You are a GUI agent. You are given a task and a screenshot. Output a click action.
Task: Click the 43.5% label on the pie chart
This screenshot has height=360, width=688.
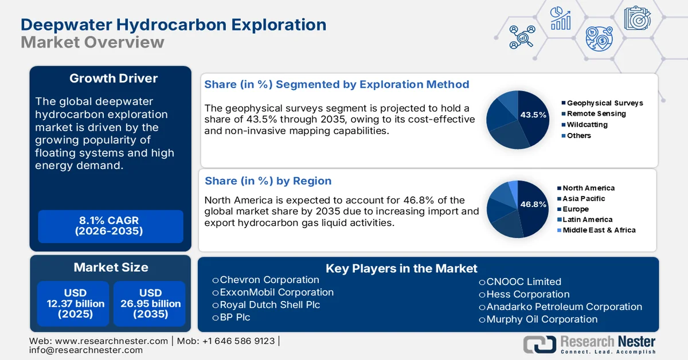point(533,115)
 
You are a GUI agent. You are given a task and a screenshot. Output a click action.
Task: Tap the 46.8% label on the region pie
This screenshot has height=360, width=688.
point(533,204)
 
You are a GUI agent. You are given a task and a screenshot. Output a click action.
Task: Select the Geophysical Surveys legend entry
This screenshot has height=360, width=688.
point(604,103)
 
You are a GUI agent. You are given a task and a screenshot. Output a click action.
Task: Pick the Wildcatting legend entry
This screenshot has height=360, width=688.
point(587,124)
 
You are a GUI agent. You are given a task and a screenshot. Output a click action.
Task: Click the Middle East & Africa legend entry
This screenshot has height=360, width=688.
point(599,230)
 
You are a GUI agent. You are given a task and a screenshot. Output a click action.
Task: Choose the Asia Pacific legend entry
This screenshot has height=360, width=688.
point(583,198)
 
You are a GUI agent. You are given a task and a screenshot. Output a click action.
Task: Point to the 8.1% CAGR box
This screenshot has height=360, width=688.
point(110,226)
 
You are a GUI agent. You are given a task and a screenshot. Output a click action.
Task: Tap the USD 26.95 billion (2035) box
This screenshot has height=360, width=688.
point(150,303)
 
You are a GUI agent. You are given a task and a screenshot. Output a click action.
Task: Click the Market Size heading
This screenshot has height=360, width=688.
point(111,267)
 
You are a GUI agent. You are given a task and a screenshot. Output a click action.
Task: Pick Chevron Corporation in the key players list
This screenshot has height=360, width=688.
point(269,280)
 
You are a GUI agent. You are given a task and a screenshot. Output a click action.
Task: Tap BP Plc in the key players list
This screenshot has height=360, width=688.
point(234,317)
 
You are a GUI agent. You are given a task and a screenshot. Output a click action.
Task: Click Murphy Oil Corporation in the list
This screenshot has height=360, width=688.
point(541,319)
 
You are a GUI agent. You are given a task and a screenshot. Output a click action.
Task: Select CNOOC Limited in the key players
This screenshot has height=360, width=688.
point(523,281)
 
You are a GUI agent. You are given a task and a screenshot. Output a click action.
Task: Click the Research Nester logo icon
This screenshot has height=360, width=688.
point(539,344)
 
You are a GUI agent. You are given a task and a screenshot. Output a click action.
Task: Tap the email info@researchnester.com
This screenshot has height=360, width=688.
point(86,350)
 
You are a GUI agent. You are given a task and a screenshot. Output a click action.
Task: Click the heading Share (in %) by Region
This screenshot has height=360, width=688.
point(268,181)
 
